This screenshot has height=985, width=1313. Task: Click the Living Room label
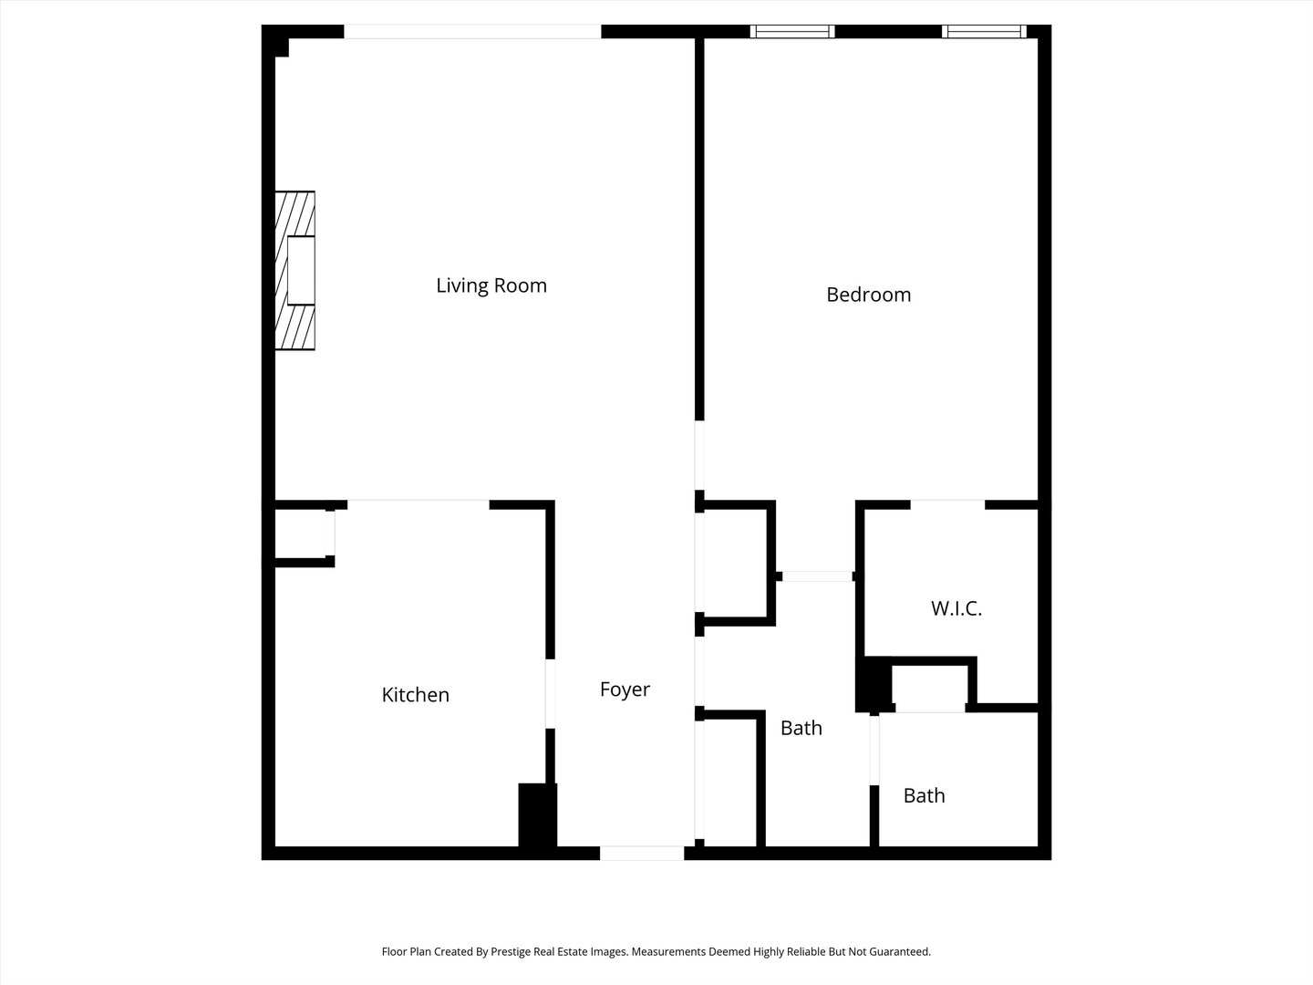tap(491, 285)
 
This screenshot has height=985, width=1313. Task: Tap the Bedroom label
tap(868, 295)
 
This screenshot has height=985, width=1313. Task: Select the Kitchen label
tap(415, 695)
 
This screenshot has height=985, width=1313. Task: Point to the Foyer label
tap(625, 689)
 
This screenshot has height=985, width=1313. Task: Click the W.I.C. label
tap(956, 608)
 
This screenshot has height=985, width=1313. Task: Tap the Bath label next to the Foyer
tap(801, 728)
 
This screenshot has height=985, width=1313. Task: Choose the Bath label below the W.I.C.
tap(924, 795)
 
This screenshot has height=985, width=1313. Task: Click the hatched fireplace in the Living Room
tap(295, 271)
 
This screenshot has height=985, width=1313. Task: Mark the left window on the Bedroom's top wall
tap(791, 32)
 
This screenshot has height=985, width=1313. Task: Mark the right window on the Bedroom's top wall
tap(984, 32)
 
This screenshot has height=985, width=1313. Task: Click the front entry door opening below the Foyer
tap(642, 854)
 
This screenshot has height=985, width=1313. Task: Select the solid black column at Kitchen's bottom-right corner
tap(537, 815)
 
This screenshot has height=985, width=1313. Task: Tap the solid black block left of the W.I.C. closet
tap(873, 685)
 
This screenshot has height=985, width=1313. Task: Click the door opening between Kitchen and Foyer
tap(550, 693)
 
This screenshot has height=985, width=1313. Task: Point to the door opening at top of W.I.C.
tap(947, 504)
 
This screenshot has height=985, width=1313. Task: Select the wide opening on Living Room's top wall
tap(472, 32)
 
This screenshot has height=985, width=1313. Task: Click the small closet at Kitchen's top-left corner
tap(301, 533)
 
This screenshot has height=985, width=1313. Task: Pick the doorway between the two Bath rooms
tap(874, 750)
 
